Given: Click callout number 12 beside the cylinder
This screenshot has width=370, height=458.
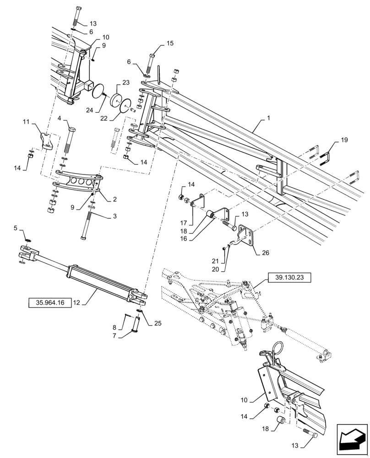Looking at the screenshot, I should [x=76, y=302].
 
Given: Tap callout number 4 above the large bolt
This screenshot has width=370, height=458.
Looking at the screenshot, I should [x=60, y=118].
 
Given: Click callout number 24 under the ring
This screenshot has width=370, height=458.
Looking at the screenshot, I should [x=90, y=110].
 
